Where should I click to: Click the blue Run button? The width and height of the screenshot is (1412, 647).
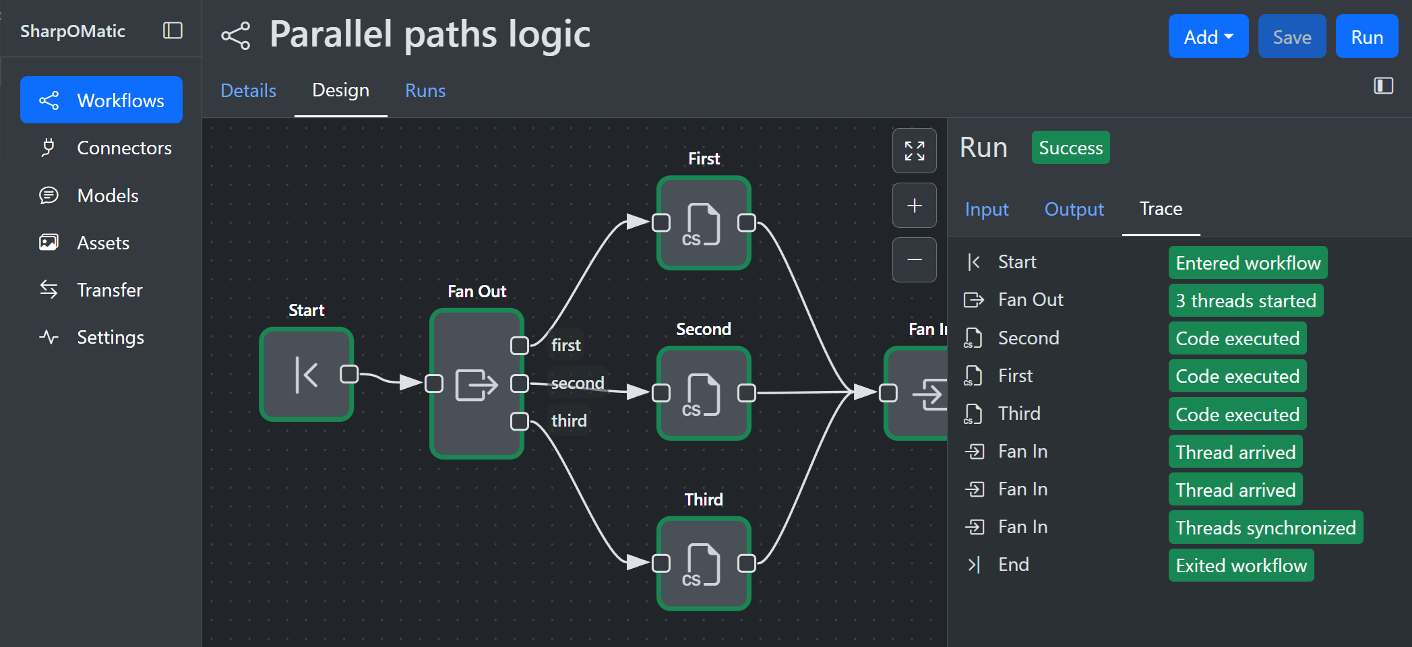coord(1366,37)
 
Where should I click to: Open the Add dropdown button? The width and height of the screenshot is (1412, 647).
coord(1208,37)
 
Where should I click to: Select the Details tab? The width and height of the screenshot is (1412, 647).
coord(248,90)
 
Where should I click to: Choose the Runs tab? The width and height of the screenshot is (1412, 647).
coord(425,90)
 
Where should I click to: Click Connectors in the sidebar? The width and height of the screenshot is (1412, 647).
coord(123,148)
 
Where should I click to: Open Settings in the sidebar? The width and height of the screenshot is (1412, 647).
coord(110,337)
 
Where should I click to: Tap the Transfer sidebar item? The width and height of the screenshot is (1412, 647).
coord(109,290)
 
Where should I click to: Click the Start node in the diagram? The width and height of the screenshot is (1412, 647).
coord(307,374)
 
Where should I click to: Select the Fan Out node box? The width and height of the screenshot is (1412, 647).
coord(477,384)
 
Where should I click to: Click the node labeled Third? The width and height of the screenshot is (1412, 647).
coord(704,563)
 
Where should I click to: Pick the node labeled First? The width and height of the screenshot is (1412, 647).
coord(704,223)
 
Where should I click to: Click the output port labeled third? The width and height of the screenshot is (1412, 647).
coord(519,421)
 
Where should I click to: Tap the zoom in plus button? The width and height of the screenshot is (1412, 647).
coord(914,206)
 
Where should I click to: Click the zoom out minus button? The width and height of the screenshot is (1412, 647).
coord(914,259)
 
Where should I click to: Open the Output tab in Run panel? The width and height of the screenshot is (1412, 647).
coord(1074,209)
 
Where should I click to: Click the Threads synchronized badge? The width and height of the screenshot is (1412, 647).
coord(1265,528)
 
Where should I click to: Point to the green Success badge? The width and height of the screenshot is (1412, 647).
coord(1070,148)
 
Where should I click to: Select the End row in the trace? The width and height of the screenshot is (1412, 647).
coord(1013,565)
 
